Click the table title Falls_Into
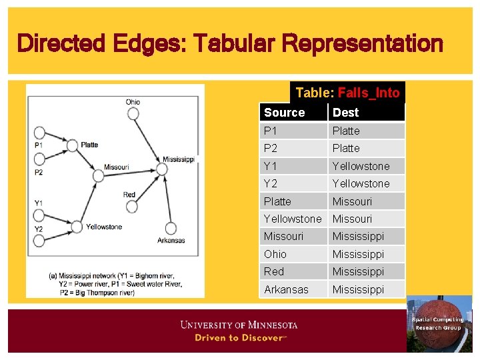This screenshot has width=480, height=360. pyautogui.click(x=368, y=93)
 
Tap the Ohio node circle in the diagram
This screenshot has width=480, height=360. pyautogui.click(x=133, y=113)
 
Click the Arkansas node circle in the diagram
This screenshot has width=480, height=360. pyautogui.click(x=171, y=228)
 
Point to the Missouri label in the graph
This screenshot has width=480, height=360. pyautogui.click(x=116, y=167)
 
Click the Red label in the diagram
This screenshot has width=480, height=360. pyautogui.click(x=129, y=195)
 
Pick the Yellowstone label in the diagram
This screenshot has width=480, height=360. pyautogui.click(x=103, y=227)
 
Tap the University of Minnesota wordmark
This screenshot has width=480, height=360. pyautogui.click(x=239, y=325)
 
